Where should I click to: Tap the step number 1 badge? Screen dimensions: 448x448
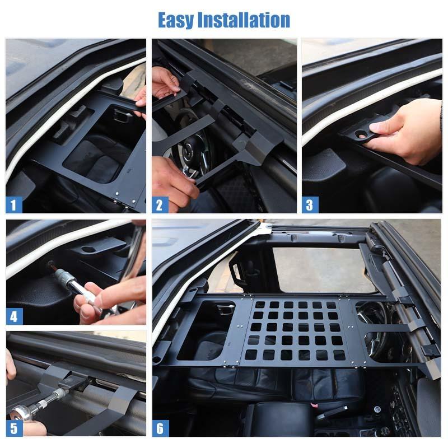coord(14,204)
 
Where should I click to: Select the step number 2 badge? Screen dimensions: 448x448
coord(160,204)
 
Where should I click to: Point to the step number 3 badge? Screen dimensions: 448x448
coord(310,204)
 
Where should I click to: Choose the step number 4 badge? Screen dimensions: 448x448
coord(14,316)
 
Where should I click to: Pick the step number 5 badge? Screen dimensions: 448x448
coord(14,428)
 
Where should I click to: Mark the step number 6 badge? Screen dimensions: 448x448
coord(160,428)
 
